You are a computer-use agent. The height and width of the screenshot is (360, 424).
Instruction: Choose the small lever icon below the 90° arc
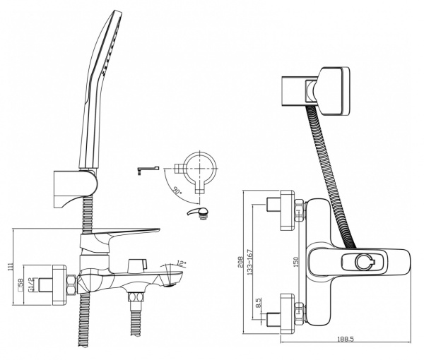click(x=198, y=213)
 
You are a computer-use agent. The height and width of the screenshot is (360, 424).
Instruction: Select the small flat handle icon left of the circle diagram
click(x=147, y=169)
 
